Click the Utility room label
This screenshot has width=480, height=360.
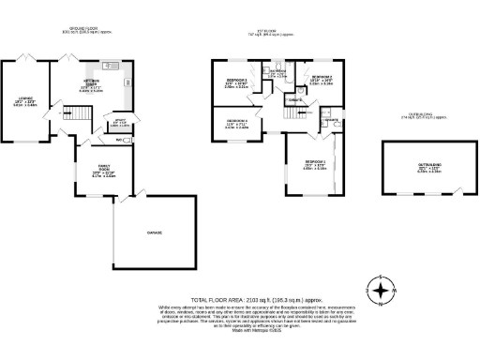point(120,123)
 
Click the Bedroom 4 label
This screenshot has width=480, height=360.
point(236,123)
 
